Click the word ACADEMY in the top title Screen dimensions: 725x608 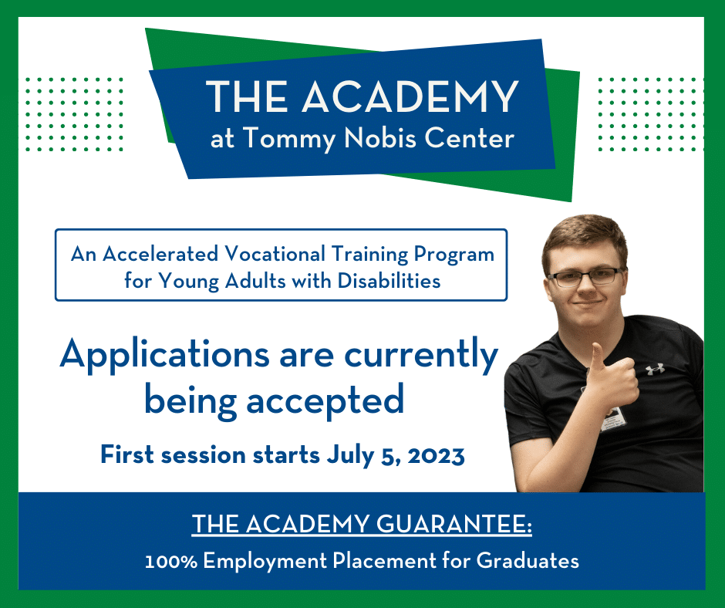coord(410,96)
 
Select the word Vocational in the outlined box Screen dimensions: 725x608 coord(275,254)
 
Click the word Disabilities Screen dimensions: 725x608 coord(389,280)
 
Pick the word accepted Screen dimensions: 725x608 coord(325,400)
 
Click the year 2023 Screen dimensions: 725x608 coord(436,456)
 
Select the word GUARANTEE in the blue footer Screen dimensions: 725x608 coord(454,524)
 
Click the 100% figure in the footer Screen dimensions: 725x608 coord(171,561)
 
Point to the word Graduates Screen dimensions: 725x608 coord(528,560)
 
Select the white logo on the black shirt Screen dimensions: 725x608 coord(655,370)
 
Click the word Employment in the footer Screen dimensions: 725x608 coord(265,561)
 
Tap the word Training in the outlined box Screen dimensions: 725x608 coord(370,255)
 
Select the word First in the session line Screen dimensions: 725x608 coord(127,455)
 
